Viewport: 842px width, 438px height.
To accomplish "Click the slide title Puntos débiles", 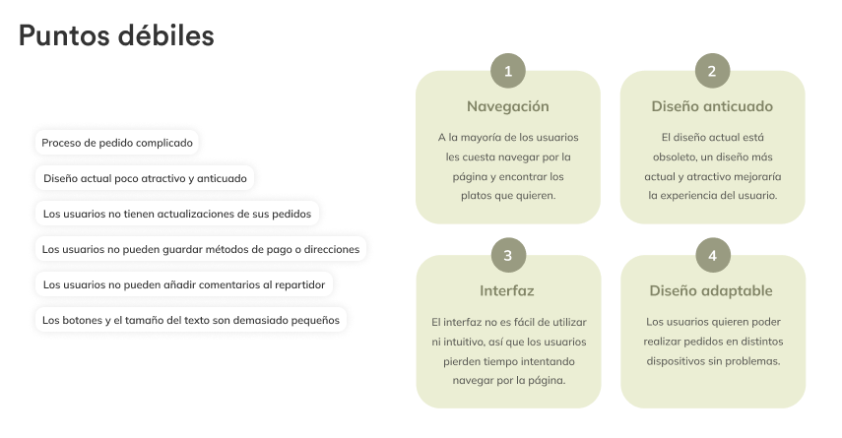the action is [116, 37].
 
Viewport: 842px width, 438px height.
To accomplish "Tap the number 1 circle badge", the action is [507, 71].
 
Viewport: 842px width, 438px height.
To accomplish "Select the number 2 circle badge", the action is [712, 71].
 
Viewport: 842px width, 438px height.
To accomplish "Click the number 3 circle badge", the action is [507, 256].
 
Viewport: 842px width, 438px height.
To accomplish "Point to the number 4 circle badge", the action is [712, 256].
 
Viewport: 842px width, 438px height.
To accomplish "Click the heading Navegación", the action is [507, 106].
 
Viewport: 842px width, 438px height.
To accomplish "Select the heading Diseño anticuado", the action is [712, 106].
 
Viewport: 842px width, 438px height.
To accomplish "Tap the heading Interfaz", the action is [507, 291].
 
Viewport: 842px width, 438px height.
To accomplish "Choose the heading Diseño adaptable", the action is [712, 291].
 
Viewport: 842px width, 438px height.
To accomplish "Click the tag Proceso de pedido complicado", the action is [117, 143].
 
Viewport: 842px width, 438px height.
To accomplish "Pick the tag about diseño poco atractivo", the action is [146, 179].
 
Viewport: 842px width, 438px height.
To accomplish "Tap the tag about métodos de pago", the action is [201, 249].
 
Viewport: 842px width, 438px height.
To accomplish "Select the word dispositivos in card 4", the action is [679, 361].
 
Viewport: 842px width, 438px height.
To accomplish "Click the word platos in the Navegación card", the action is [482, 195].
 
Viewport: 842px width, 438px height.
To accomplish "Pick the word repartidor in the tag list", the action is [295, 284].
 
